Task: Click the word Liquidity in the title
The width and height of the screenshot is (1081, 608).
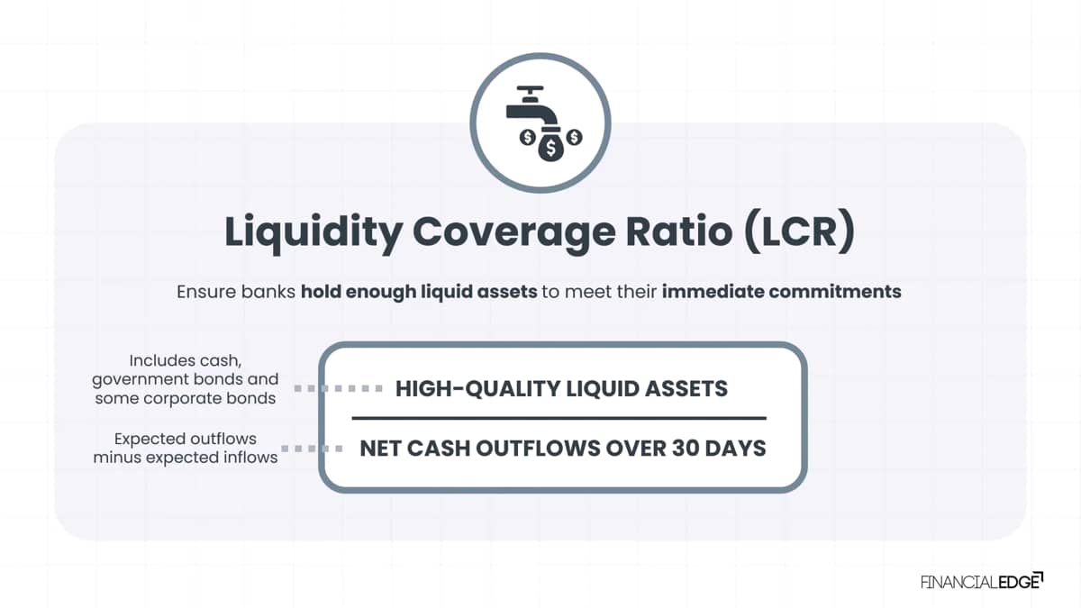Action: pyautogui.click(x=313, y=233)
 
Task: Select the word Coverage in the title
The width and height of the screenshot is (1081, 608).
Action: pyautogui.click(x=514, y=233)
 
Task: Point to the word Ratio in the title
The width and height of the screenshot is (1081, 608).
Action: pyautogui.click(x=679, y=231)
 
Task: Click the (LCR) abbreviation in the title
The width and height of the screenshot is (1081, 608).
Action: pyautogui.click(x=800, y=231)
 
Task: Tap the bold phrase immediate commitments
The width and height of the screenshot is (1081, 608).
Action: pyautogui.click(x=781, y=292)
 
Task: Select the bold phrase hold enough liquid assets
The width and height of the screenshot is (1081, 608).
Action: pyautogui.click(x=419, y=293)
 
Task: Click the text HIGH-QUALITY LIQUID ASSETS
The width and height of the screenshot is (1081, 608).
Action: pyautogui.click(x=561, y=388)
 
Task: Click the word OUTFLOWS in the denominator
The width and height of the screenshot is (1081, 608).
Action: pyautogui.click(x=538, y=449)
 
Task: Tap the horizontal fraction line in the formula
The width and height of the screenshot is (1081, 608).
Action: pyautogui.click(x=559, y=418)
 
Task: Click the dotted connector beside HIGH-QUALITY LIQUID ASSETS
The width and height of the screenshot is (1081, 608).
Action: pyautogui.click(x=339, y=388)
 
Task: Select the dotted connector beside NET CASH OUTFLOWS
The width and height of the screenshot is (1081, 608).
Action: pyautogui.click(x=312, y=449)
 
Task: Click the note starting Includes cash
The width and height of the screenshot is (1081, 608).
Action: pyautogui.click(x=186, y=379)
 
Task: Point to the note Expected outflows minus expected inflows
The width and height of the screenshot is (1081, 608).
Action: pyautogui.click(x=186, y=448)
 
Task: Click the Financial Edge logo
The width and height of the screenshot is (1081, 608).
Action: pyautogui.click(x=982, y=581)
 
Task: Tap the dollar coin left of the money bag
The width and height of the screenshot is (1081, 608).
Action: pyautogui.click(x=528, y=138)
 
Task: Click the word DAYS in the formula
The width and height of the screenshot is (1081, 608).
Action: pyautogui.click(x=735, y=449)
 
